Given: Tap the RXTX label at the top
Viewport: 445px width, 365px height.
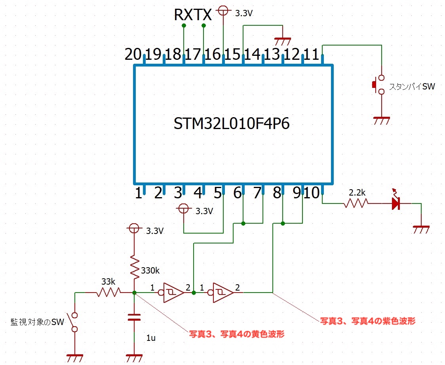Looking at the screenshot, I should [x=193, y=15].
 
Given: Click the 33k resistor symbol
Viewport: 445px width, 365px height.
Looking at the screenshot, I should [x=108, y=293].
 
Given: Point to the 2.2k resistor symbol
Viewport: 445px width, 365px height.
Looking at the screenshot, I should [x=356, y=203].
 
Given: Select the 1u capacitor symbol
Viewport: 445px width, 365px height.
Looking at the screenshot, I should [x=134, y=317].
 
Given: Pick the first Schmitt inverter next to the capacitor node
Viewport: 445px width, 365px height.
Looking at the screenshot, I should [x=171, y=293].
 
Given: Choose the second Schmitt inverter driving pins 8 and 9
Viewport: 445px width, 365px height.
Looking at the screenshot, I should [x=221, y=293].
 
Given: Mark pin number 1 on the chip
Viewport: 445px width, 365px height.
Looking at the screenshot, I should [x=138, y=194].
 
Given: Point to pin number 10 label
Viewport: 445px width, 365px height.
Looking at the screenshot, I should [x=313, y=193].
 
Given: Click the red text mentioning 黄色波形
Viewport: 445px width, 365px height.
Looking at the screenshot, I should [x=236, y=334].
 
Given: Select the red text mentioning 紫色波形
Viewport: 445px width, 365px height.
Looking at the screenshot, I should [x=367, y=321].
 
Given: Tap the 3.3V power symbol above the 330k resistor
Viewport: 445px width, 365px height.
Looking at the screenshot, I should [x=134, y=228].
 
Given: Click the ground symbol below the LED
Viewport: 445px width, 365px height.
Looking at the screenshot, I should [x=421, y=229].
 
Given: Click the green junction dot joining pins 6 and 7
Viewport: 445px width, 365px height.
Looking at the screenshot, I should [x=243, y=223].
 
